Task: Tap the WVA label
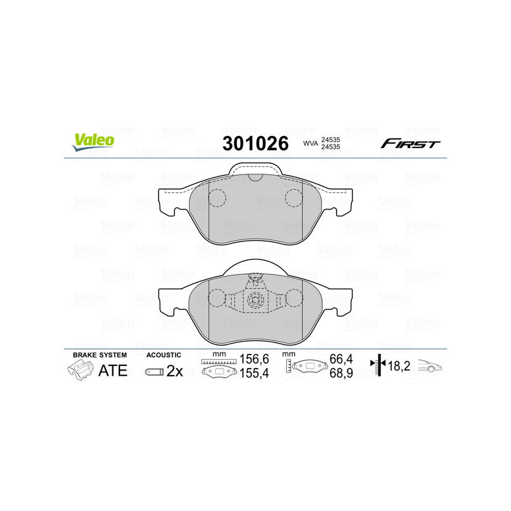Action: coord(310,144)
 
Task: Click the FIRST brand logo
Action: coord(410,144)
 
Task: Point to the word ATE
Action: coord(112,371)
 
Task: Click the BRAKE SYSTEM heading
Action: coord(100,355)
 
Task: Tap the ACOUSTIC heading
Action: coord(164,355)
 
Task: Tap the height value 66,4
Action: coord(339,360)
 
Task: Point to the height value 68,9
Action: coord(339,373)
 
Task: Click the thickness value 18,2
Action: coord(401,366)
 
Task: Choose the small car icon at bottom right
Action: coord(431,367)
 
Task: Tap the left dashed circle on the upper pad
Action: coord(218,199)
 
